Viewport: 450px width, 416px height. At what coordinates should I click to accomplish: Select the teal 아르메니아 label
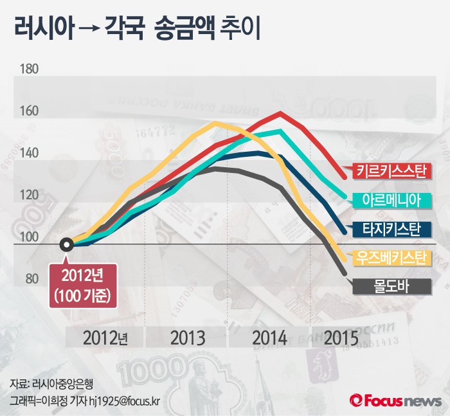tap(392, 201)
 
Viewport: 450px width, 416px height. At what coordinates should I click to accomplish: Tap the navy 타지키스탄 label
tap(392, 229)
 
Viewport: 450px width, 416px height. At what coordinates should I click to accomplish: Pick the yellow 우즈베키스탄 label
tap(392, 258)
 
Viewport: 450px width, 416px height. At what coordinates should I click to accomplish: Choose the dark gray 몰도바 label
tap(392, 286)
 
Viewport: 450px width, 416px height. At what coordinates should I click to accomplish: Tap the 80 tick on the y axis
tap(31, 280)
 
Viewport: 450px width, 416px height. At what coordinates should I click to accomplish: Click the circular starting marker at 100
tap(66, 245)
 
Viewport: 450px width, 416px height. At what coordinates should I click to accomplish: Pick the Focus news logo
tap(393, 400)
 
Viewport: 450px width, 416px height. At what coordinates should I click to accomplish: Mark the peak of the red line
tap(280, 114)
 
